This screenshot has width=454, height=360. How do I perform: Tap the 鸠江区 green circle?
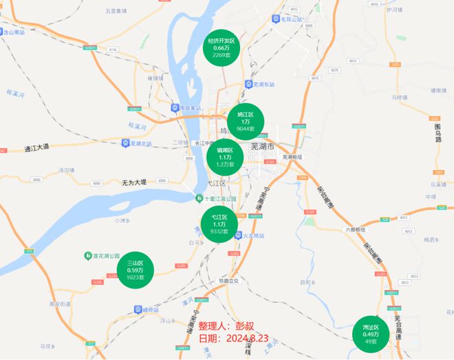(246, 121)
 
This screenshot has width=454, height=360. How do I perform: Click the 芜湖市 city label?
(261, 147)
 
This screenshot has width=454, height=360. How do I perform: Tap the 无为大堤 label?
(134, 182)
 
